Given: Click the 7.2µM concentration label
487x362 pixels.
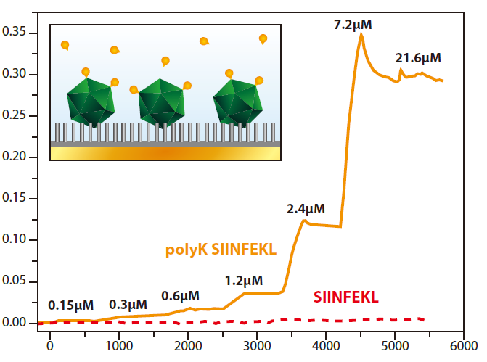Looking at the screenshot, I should coord(353,25).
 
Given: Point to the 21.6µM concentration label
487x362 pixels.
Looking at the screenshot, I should coord(418,57).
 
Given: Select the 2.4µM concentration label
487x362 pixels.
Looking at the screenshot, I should coord(306,209).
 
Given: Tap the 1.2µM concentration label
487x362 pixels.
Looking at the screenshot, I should coord(244,281).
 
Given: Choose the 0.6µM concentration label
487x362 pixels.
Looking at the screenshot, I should coord(180,295).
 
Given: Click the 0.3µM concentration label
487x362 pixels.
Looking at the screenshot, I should coord(128,304).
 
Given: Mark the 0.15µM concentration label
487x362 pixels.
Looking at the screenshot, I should coord(71,305).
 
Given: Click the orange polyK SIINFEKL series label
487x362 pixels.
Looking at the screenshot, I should coord(221,250).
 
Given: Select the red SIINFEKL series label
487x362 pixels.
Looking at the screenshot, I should coord(346,297).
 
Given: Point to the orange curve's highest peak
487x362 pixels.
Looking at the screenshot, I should coord(361,34).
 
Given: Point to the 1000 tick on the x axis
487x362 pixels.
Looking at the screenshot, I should coord(118,345).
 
